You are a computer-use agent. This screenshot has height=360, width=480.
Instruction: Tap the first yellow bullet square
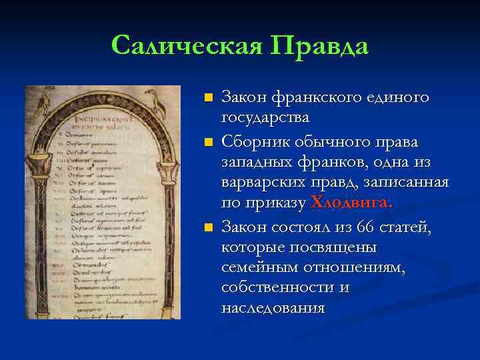pos(208,98)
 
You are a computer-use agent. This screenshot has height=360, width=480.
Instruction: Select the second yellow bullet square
pos(208,142)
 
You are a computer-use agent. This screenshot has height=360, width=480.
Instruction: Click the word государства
pos(265,119)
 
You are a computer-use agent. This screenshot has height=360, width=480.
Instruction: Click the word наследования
pos(273,308)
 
